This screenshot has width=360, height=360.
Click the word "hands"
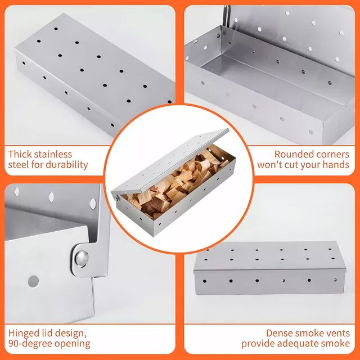[x=336, y=165]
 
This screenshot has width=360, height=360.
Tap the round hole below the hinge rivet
[x=33, y=281]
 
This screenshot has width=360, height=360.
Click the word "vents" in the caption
[x=338, y=334]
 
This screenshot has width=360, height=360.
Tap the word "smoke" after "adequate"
[x=335, y=344]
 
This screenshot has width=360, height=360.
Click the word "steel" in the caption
[x=19, y=165]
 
